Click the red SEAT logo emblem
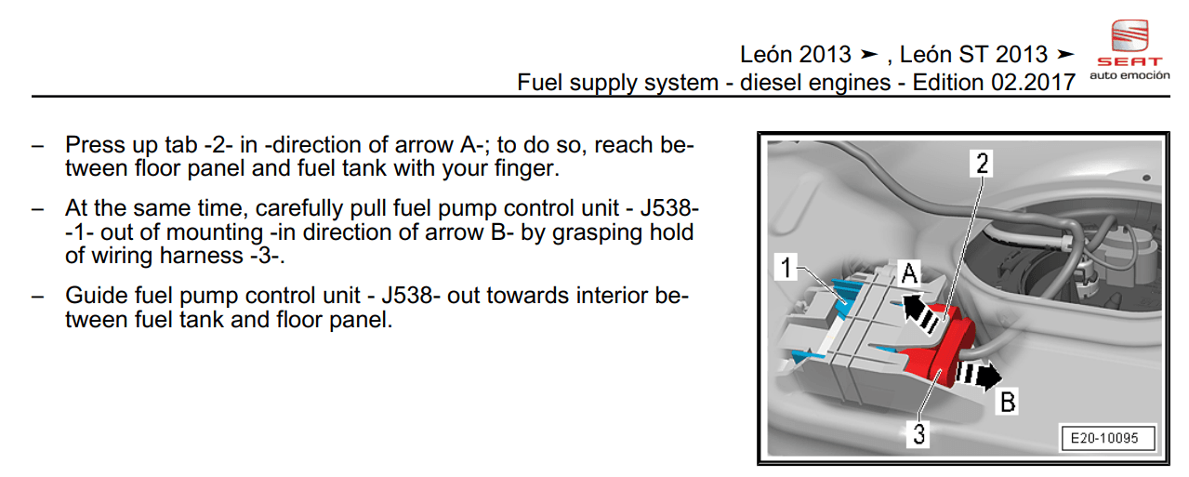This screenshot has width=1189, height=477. [x=1130, y=36]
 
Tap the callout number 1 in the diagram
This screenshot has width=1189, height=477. [x=786, y=267]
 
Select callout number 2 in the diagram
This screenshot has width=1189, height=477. [x=982, y=163]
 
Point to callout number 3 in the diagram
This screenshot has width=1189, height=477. [x=918, y=434]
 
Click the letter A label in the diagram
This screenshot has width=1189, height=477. [x=909, y=273]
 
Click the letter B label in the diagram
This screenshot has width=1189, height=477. [x=1008, y=402]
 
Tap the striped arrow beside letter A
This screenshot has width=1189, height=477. [x=920, y=314]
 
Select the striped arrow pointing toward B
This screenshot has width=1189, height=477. [x=978, y=375]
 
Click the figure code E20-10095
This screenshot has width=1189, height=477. [x=1104, y=438]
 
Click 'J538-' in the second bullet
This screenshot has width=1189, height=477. [x=669, y=208]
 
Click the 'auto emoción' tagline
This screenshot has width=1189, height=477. [x=1130, y=75]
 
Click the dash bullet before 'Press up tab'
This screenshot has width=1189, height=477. [x=37, y=146]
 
